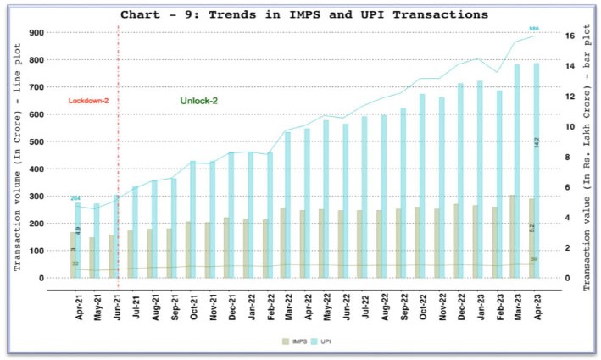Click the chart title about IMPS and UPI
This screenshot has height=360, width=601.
pyautogui.click(x=304, y=15)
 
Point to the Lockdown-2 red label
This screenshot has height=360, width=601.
pyautogui.click(x=89, y=102)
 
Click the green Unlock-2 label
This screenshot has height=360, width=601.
pyautogui.click(x=199, y=102)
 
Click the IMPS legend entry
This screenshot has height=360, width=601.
pyautogui.click(x=294, y=340)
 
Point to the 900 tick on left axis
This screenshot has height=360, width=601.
pyautogui.click(x=36, y=32)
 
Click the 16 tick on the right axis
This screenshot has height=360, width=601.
pyautogui.click(x=570, y=36)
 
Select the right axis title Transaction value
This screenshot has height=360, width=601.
pyautogui.click(x=587, y=157)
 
